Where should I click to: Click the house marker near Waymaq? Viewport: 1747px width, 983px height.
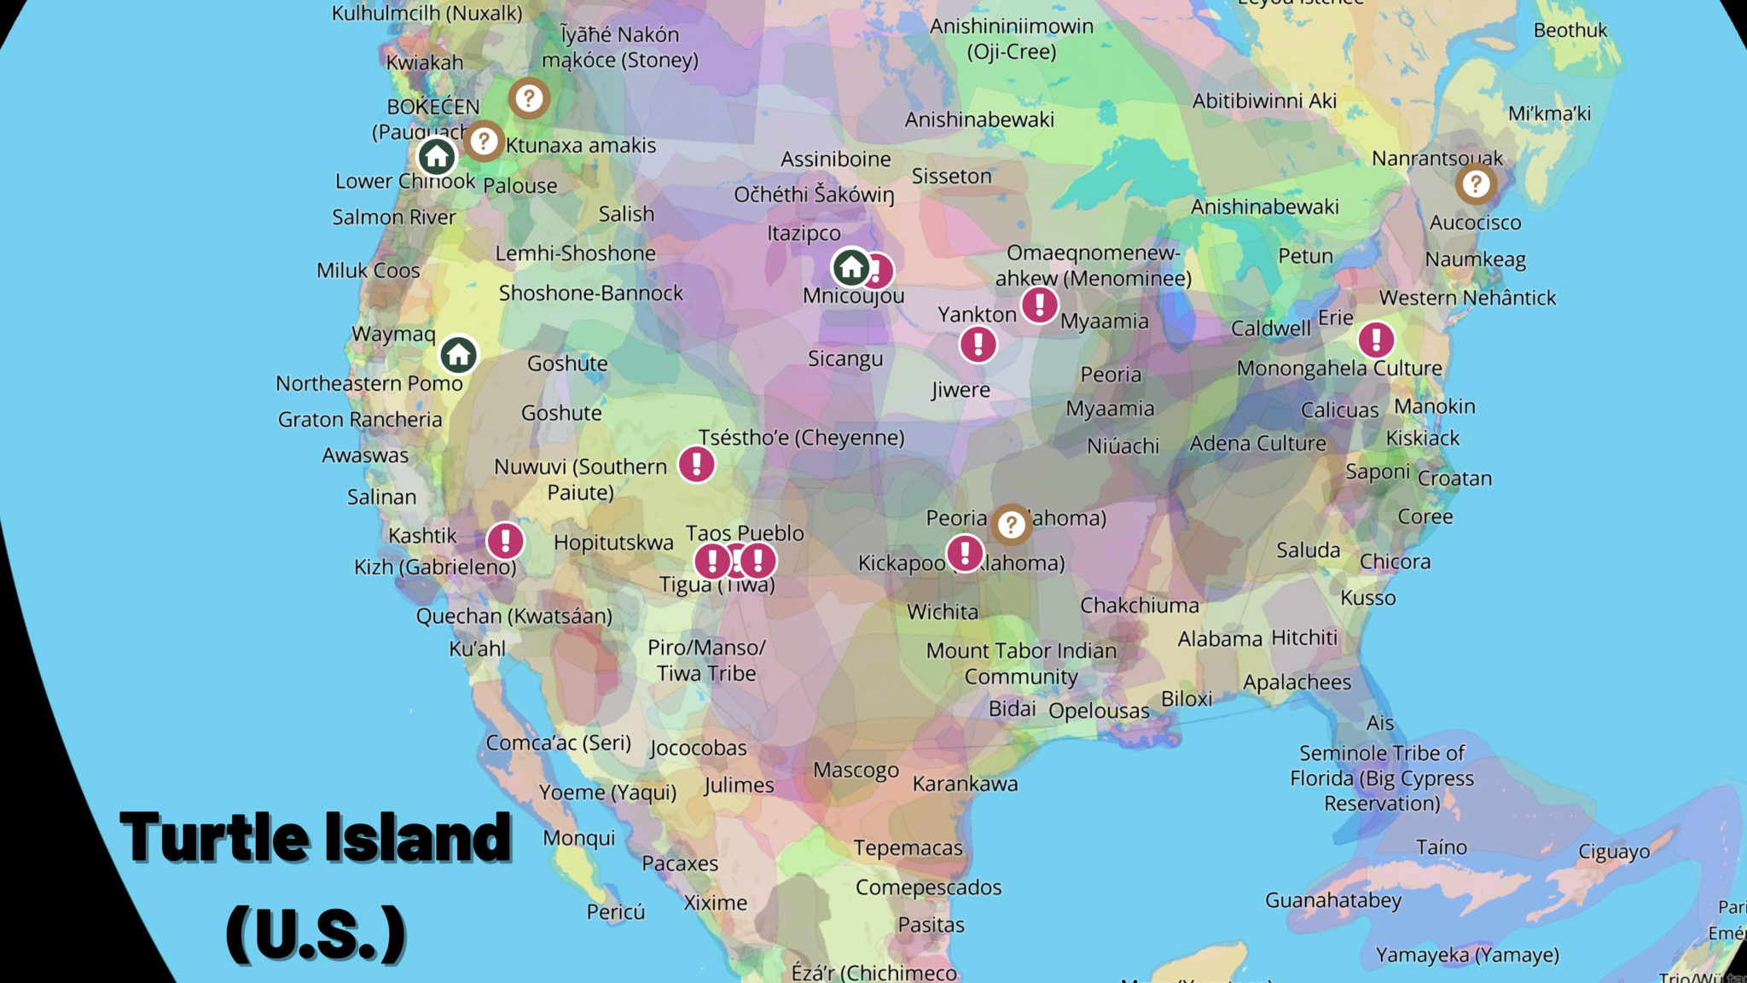458,354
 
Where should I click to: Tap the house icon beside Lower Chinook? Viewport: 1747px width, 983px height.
437,156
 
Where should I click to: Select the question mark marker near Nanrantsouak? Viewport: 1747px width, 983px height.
1476,183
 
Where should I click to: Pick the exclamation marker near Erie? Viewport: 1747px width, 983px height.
1376,340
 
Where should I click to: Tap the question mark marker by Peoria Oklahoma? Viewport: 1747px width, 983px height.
1011,524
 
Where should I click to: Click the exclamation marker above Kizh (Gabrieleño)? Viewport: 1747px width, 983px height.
505,540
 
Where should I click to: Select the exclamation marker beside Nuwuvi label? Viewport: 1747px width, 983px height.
696,464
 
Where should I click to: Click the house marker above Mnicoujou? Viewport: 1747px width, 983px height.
850,267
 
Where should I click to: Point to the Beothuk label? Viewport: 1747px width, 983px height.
1570,31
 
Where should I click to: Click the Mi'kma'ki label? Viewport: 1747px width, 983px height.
1549,113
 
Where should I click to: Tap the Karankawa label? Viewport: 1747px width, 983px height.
965,783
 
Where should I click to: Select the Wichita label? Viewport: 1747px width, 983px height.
942,612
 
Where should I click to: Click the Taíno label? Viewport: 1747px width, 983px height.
1441,847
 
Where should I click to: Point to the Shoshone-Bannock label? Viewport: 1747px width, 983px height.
590,294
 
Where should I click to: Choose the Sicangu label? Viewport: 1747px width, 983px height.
844,358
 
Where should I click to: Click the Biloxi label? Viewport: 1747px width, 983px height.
1186,699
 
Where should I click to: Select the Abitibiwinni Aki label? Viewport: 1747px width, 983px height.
1264,101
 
